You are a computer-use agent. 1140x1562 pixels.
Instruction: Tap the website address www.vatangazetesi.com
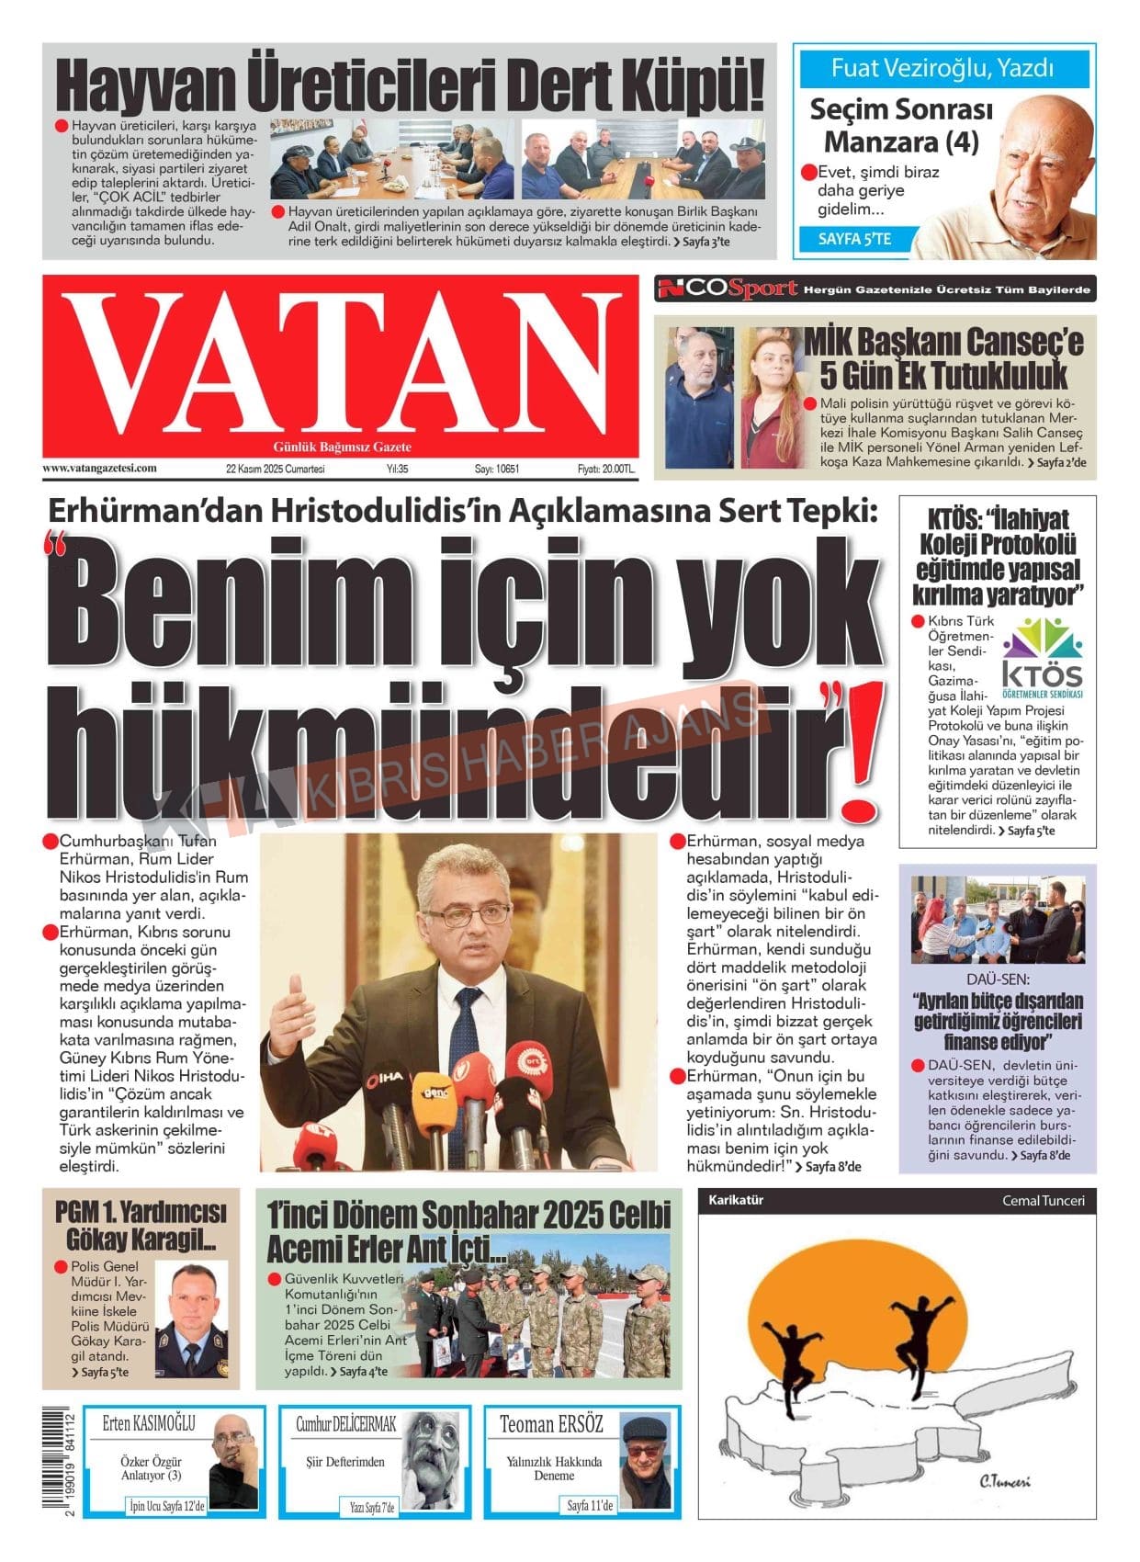99,468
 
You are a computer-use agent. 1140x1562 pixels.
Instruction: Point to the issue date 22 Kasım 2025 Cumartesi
275,469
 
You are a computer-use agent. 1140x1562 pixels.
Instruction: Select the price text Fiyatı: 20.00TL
605,469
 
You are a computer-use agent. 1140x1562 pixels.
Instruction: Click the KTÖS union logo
1042,658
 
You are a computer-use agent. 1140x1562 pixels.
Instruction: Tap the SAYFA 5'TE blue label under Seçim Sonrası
854,240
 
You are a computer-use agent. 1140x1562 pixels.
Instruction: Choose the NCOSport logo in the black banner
727,289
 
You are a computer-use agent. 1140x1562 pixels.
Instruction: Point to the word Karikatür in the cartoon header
735,1200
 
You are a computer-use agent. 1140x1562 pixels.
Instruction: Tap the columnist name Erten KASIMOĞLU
149,1423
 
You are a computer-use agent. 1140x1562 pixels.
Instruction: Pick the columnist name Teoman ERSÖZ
551,1424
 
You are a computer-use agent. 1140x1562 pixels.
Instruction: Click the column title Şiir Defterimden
344,1461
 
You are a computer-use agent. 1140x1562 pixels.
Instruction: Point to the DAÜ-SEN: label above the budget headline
998,979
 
